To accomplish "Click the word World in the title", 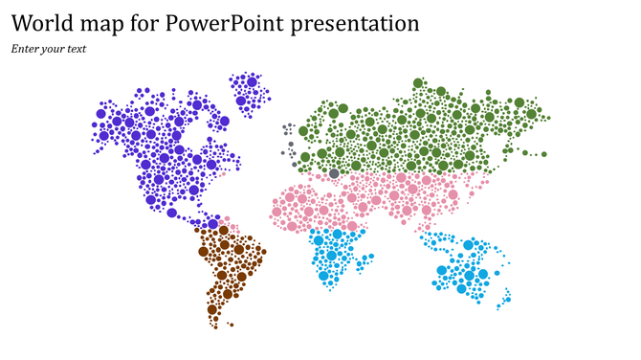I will [44, 23].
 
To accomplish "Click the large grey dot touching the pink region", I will [334, 173].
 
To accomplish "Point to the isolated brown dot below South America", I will [215, 326].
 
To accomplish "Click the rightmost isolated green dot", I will [544, 154].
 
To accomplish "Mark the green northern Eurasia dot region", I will [421, 129].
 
